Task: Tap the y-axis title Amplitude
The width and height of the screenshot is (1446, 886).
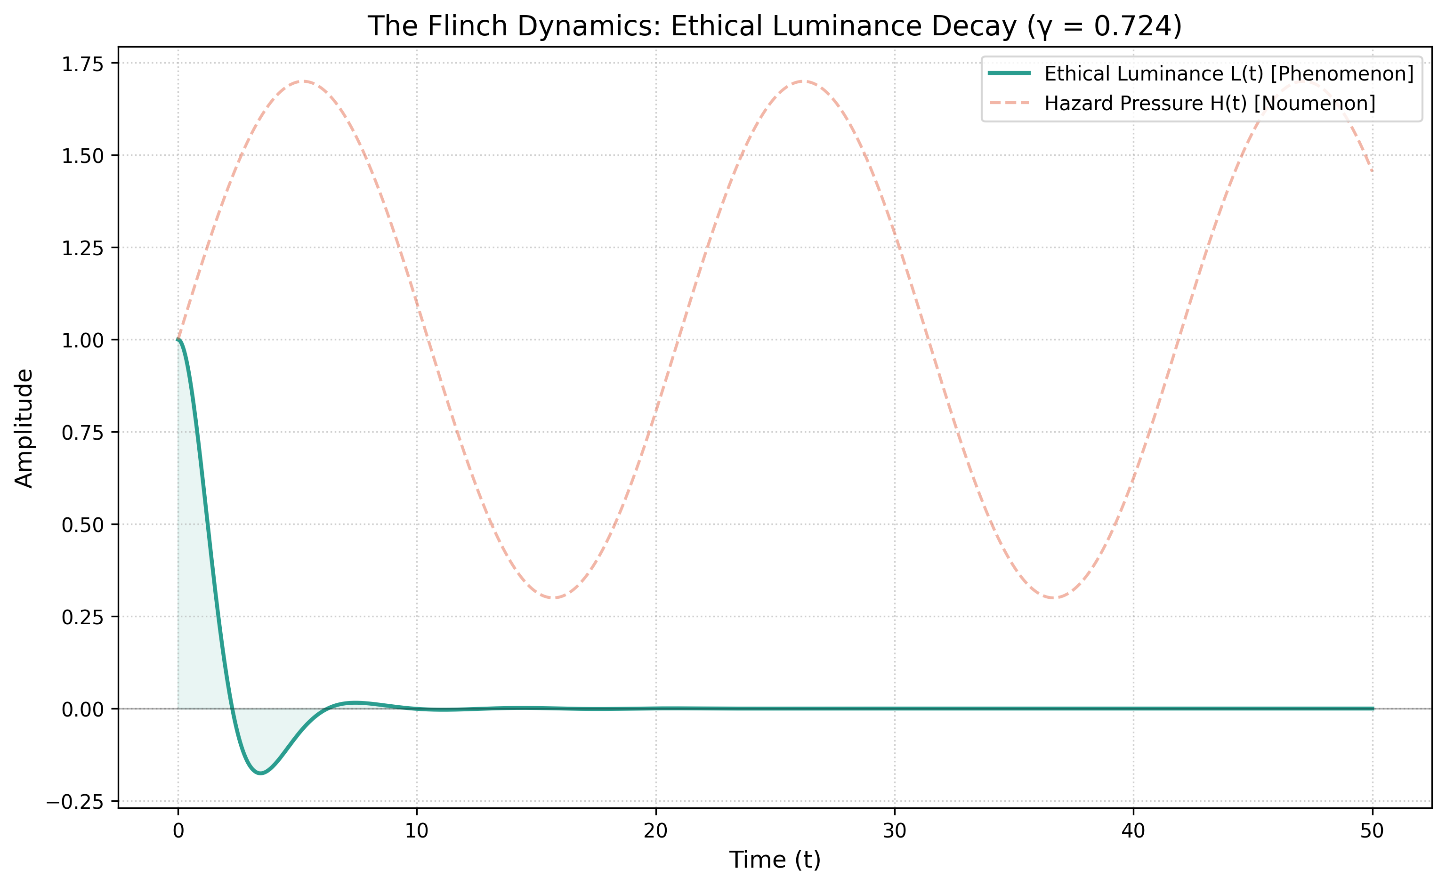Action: click(x=24, y=428)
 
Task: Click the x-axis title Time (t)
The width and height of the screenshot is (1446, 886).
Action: click(x=775, y=860)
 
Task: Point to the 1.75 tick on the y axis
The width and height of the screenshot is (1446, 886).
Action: click(x=82, y=64)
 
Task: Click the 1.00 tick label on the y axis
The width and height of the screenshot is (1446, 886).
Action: click(x=82, y=340)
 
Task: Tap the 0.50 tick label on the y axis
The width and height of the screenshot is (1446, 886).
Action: click(x=82, y=524)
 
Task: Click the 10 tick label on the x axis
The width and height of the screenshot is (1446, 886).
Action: click(x=417, y=831)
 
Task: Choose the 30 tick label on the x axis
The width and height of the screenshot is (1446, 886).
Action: click(x=894, y=831)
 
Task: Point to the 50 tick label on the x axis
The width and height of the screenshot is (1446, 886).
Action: click(x=1372, y=831)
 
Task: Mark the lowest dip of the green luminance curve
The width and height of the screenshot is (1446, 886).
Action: click(x=260, y=773)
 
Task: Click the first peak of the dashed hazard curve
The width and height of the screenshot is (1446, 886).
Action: click(x=303, y=81)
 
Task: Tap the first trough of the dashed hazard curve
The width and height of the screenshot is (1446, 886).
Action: click(x=554, y=598)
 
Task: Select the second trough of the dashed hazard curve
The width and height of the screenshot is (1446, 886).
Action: click(x=1054, y=598)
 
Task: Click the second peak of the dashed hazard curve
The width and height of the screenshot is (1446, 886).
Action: click(x=803, y=81)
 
